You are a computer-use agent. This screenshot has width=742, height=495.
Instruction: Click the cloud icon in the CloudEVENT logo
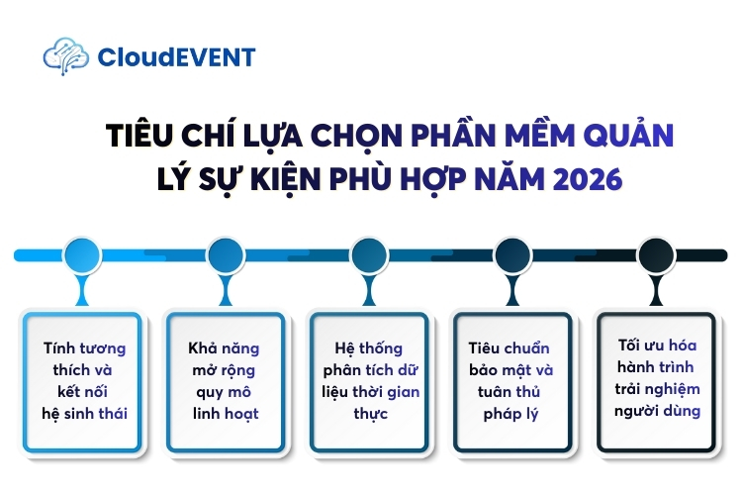pyautogui.click(x=65, y=56)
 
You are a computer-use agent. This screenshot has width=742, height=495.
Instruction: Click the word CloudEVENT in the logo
pyautogui.click(x=176, y=57)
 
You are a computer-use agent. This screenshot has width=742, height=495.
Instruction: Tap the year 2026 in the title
pyautogui.click(x=587, y=181)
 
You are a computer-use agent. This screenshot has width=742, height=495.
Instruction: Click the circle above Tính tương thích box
pyautogui.click(x=83, y=255)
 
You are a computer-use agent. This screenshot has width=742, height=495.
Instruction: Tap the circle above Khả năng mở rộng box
pyautogui.click(x=226, y=255)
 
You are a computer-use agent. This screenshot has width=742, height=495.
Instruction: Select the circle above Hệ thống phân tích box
pyautogui.click(x=368, y=255)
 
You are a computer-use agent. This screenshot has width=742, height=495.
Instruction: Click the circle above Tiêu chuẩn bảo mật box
pyautogui.click(x=510, y=255)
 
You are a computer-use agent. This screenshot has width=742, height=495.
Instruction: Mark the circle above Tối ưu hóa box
pyautogui.click(x=654, y=255)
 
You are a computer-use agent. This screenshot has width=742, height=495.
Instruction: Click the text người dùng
pyautogui.click(x=654, y=411)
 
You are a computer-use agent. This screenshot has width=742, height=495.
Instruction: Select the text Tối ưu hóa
pyautogui.click(x=654, y=346)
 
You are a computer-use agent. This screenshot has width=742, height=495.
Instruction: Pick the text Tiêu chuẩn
pyautogui.click(x=510, y=348)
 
